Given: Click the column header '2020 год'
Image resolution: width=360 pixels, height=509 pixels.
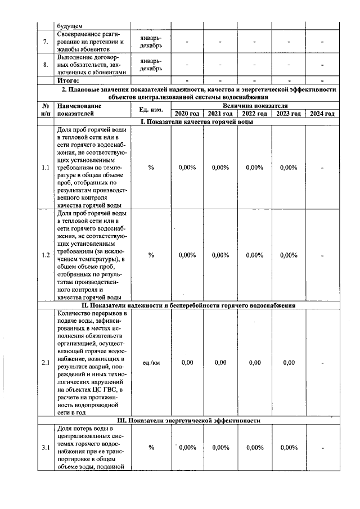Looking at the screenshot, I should tap(187, 114).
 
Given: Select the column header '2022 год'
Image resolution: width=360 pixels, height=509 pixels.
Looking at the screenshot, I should tap(254, 114).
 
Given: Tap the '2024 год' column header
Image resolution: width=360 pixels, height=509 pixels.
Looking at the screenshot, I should tap(322, 114).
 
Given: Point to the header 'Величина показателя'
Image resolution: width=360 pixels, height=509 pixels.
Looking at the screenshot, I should tap(255, 106).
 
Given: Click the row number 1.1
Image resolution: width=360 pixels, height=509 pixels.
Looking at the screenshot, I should tap(46, 167).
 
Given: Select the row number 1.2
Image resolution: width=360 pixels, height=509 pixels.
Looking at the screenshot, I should tap(46, 255).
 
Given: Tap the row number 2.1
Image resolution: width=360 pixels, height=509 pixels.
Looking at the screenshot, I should tap(46, 363).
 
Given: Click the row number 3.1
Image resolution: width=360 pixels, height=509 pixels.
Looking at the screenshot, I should tap(46, 448).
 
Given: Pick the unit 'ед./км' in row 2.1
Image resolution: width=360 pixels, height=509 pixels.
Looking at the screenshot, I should tap(151, 363).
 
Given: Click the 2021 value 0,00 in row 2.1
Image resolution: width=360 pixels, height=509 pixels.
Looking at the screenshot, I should tap(220, 363).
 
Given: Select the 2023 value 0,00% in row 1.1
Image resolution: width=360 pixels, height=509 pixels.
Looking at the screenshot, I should tap(289, 167).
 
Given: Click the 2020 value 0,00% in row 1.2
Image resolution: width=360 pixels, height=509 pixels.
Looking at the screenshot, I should tap(187, 255).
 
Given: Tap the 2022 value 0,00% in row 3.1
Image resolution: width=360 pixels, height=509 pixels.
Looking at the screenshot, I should tap(254, 448).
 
